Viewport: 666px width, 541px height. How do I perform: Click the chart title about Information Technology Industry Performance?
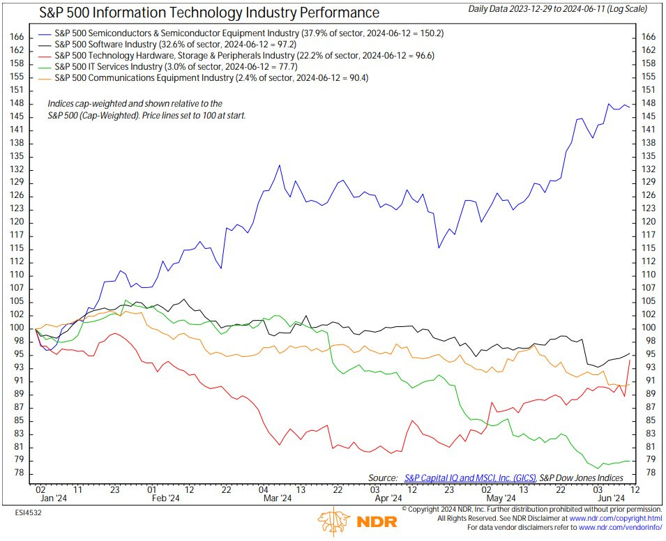[209, 13]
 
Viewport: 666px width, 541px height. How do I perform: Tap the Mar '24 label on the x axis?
[277, 498]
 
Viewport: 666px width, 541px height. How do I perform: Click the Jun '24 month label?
[610, 498]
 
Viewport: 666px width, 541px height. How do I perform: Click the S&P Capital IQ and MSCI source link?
[469, 478]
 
